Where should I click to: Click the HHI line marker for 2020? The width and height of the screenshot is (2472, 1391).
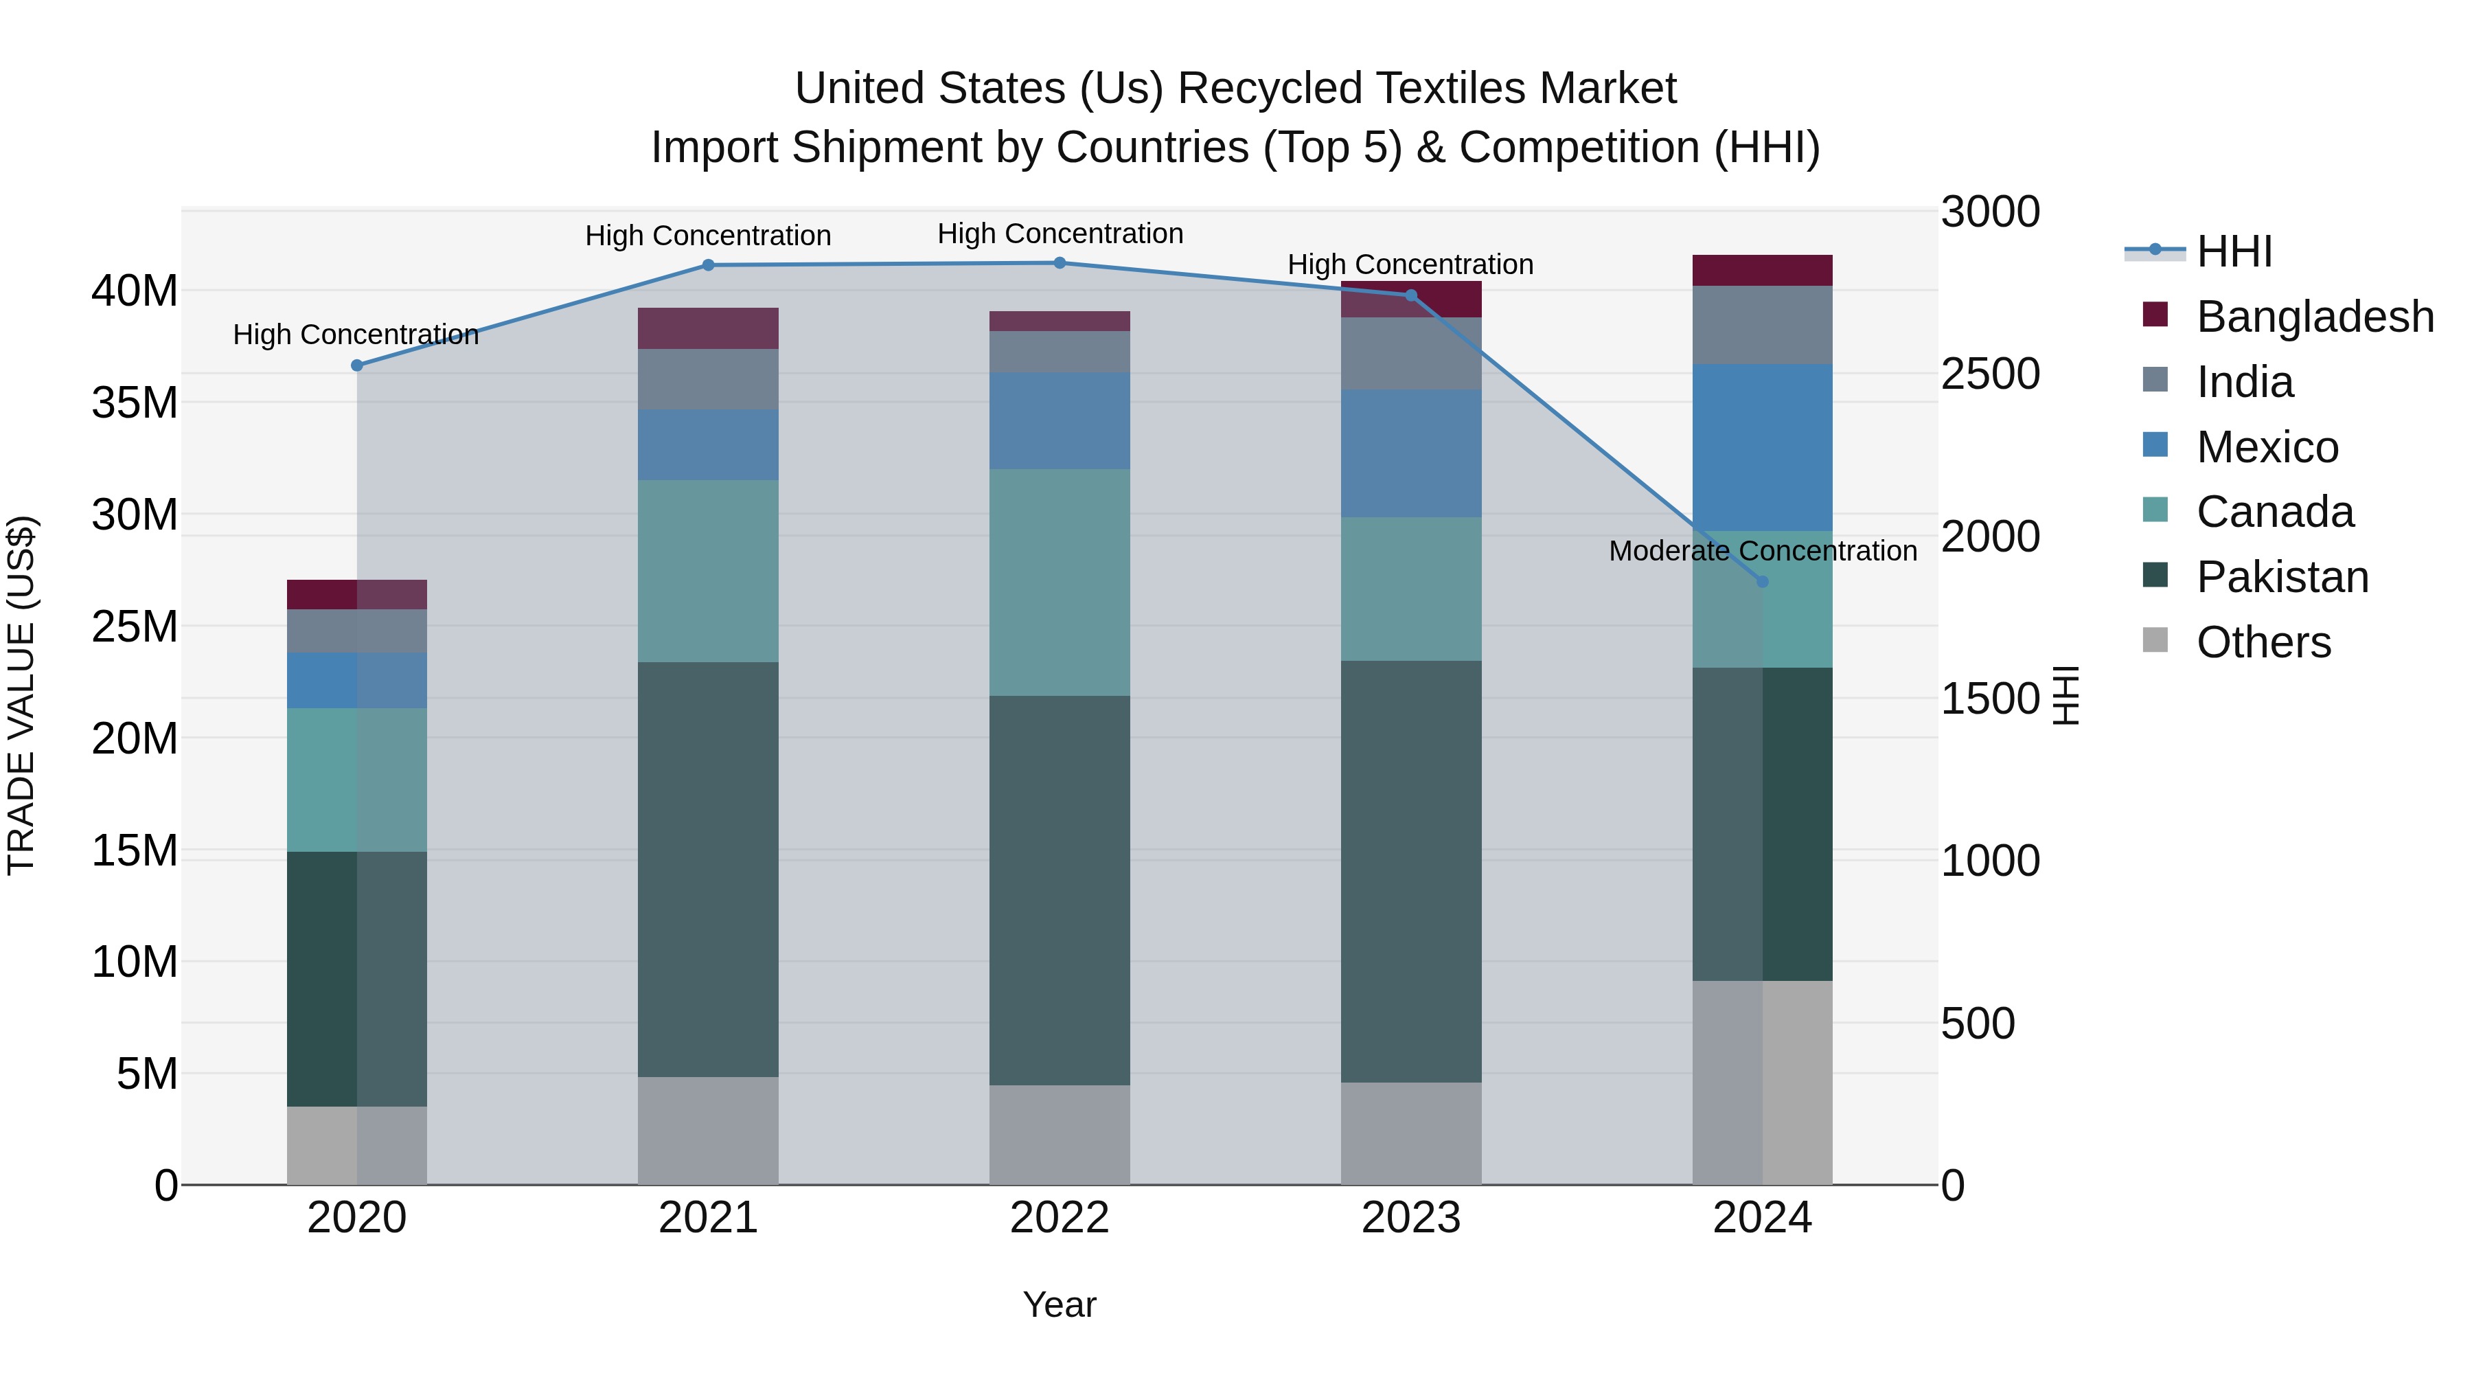tap(357, 365)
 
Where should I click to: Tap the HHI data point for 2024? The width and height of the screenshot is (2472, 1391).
tap(1762, 582)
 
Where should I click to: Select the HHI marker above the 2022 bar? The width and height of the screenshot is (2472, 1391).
tap(1060, 263)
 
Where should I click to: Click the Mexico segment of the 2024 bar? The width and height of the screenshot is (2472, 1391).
tap(1762, 447)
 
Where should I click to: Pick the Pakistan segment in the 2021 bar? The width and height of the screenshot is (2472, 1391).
tap(708, 869)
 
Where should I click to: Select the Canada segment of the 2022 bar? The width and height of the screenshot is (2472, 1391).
tap(1060, 582)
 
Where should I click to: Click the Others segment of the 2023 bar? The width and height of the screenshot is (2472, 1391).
tap(1410, 1133)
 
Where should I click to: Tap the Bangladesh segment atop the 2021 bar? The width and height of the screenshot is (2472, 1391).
tap(708, 328)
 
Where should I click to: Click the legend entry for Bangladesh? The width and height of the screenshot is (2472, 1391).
tap(2313, 317)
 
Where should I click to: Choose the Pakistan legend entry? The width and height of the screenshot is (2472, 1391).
tap(2282, 577)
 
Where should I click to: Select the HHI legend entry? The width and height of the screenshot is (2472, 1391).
tap(2233, 251)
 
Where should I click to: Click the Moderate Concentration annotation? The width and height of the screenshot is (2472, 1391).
tap(1762, 551)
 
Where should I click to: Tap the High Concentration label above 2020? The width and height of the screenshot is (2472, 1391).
tap(356, 335)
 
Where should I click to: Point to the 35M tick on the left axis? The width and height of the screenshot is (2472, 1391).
tap(135, 403)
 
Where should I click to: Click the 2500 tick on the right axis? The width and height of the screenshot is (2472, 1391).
tap(1989, 374)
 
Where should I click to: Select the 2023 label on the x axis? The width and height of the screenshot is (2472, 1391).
tap(1410, 1218)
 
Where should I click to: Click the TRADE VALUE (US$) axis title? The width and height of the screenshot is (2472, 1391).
tap(21, 695)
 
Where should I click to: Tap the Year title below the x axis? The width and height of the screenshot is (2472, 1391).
tap(1060, 1304)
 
